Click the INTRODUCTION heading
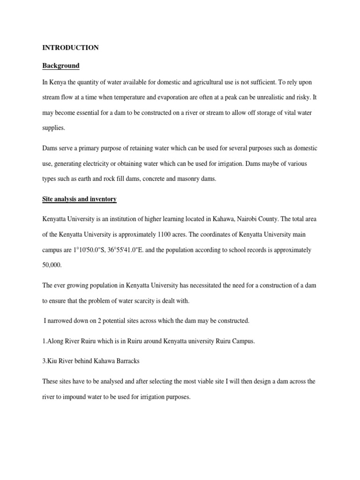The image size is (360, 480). coord(70,48)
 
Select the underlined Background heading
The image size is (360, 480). coord(61,66)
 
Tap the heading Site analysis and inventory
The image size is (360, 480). coord(79,199)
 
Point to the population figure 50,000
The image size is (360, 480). coord(52,265)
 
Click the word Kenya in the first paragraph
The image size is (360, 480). coord(58,82)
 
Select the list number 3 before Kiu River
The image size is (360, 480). coord(44,361)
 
